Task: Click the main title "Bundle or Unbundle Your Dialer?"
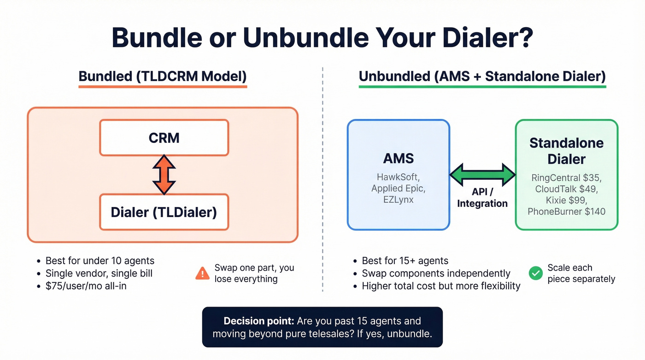pyautogui.click(x=322, y=38)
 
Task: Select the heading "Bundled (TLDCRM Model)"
pyautogui.click(x=163, y=76)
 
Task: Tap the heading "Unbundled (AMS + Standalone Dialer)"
pyautogui.click(x=482, y=76)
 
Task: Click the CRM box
pyautogui.click(x=164, y=138)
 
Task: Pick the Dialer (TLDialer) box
pyautogui.click(x=164, y=212)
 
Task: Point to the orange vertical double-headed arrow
pyautogui.click(x=164, y=175)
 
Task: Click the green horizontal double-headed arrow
pyautogui.click(x=482, y=175)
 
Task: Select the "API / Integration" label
pyautogui.click(x=482, y=198)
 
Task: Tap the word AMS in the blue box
pyautogui.click(x=399, y=159)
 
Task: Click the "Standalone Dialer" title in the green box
pyautogui.click(x=566, y=151)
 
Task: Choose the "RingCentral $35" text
pyautogui.click(x=566, y=178)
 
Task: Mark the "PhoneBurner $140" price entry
pyautogui.click(x=566, y=212)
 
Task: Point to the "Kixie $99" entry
pyautogui.click(x=566, y=201)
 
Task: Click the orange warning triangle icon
pyautogui.click(x=202, y=274)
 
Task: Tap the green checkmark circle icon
pyautogui.click(x=535, y=273)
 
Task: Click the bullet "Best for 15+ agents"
pyautogui.click(x=405, y=261)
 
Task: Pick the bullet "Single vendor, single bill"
pyautogui.click(x=99, y=273)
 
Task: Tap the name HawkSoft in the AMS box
pyautogui.click(x=399, y=177)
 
